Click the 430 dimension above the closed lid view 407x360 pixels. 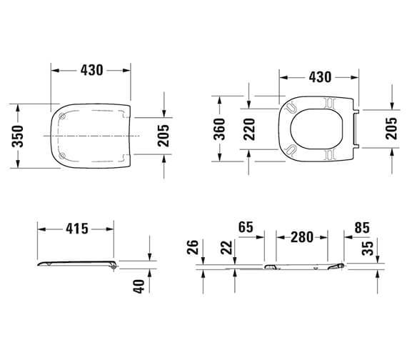click(x=91, y=70)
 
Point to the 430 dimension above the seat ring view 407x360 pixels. click(x=318, y=76)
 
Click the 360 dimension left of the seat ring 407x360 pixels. click(x=220, y=129)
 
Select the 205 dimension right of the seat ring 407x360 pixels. click(x=391, y=129)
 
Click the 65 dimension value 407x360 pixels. click(x=246, y=228)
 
